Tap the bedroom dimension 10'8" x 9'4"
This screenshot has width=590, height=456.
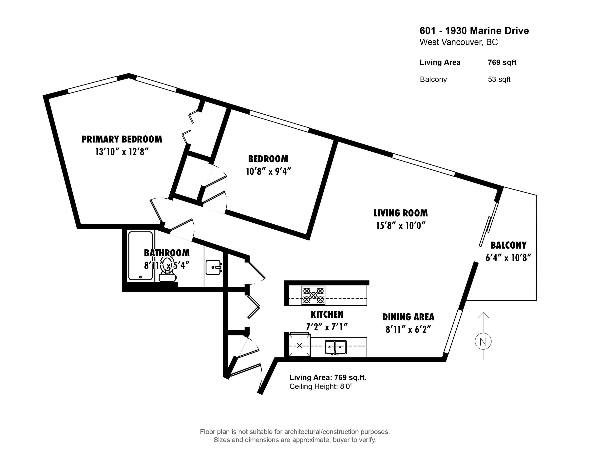coord(268,171)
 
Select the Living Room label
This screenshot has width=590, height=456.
coord(401,213)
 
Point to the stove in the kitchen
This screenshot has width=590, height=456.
coord(313,295)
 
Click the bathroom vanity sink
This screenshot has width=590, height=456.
coord(213,267)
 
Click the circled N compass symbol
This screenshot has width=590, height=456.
coord(483,342)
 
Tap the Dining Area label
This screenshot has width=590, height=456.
coord(408,317)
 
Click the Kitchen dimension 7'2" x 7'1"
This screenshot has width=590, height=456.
coord(327,327)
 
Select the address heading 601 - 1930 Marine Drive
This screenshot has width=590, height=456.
coord(474,31)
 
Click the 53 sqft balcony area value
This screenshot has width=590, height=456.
coord(499,79)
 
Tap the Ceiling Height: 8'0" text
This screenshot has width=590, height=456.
coord(321,386)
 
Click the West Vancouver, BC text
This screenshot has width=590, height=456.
coord(458,42)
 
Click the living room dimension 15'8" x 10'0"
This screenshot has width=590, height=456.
coord(401,226)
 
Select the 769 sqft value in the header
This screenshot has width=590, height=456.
coord(502,62)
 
